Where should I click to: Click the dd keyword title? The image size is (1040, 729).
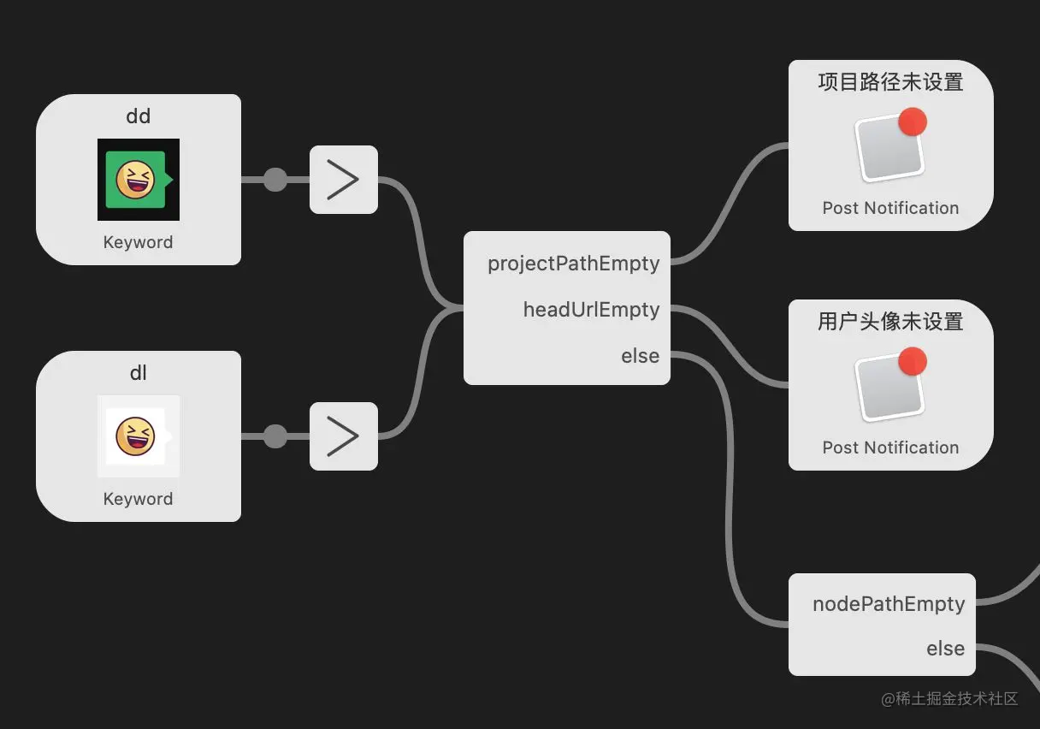pos(139,116)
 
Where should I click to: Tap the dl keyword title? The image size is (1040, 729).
pos(139,373)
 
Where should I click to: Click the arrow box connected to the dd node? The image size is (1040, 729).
pos(343,180)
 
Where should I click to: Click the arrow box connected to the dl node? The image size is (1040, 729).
pos(343,436)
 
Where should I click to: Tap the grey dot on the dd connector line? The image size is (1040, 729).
pos(275,180)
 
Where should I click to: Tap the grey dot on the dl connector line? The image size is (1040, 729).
pos(275,436)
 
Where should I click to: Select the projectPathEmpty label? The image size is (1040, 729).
pos(573,264)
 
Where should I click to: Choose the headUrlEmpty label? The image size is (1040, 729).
pos(591,310)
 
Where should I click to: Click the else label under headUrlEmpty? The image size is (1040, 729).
pos(640,356)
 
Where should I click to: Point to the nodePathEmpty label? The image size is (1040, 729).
pos(889,604)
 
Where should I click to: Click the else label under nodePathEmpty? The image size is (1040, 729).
pos(945,649)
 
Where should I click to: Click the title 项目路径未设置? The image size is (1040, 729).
pos(890,82)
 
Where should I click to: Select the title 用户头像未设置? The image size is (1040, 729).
pos(890,322)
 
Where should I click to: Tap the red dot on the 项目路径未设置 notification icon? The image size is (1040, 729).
pos(913,121)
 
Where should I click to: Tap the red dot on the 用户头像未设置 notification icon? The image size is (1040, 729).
pos(913,361)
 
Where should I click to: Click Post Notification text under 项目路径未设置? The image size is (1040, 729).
pos(890,208)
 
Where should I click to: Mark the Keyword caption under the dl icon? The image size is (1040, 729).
pos(139,499)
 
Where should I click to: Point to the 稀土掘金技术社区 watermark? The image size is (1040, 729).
pos(949,698)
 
